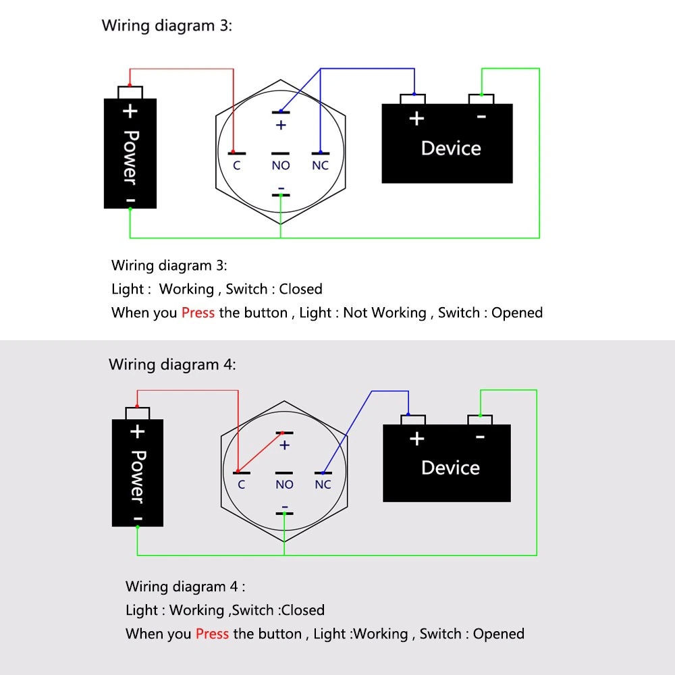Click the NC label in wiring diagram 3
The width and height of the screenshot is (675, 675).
point(320,165)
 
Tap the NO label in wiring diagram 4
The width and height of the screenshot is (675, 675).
point(285,484)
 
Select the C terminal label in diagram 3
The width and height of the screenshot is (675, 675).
point(237,165)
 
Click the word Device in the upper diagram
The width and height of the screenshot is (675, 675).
point(451,148)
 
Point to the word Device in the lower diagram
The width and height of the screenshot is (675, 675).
point(450,468)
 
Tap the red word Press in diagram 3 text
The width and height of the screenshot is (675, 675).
point(198,313)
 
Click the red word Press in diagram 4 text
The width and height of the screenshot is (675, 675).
point(212,634)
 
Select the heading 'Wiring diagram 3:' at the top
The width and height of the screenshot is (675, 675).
point(167,26)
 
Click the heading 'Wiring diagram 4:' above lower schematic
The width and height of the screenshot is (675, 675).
point(172,364)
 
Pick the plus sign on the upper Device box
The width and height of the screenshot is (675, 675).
point(416,118)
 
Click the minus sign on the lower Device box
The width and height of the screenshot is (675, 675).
point(481,437)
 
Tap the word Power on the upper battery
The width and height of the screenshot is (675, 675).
point(130,157)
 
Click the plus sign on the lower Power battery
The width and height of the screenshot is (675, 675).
point(137,431)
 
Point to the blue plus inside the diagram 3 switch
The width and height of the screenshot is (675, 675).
point(281,126)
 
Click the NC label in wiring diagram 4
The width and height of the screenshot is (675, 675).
point(323,484)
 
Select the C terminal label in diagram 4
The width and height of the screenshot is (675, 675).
point(241,484)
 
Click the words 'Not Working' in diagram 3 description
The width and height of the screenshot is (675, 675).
point(385,313)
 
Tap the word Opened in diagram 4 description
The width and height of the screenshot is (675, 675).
point(499,634)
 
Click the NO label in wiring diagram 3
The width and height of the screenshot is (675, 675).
point(281,165)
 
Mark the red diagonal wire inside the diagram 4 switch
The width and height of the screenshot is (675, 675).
point(260,452)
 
